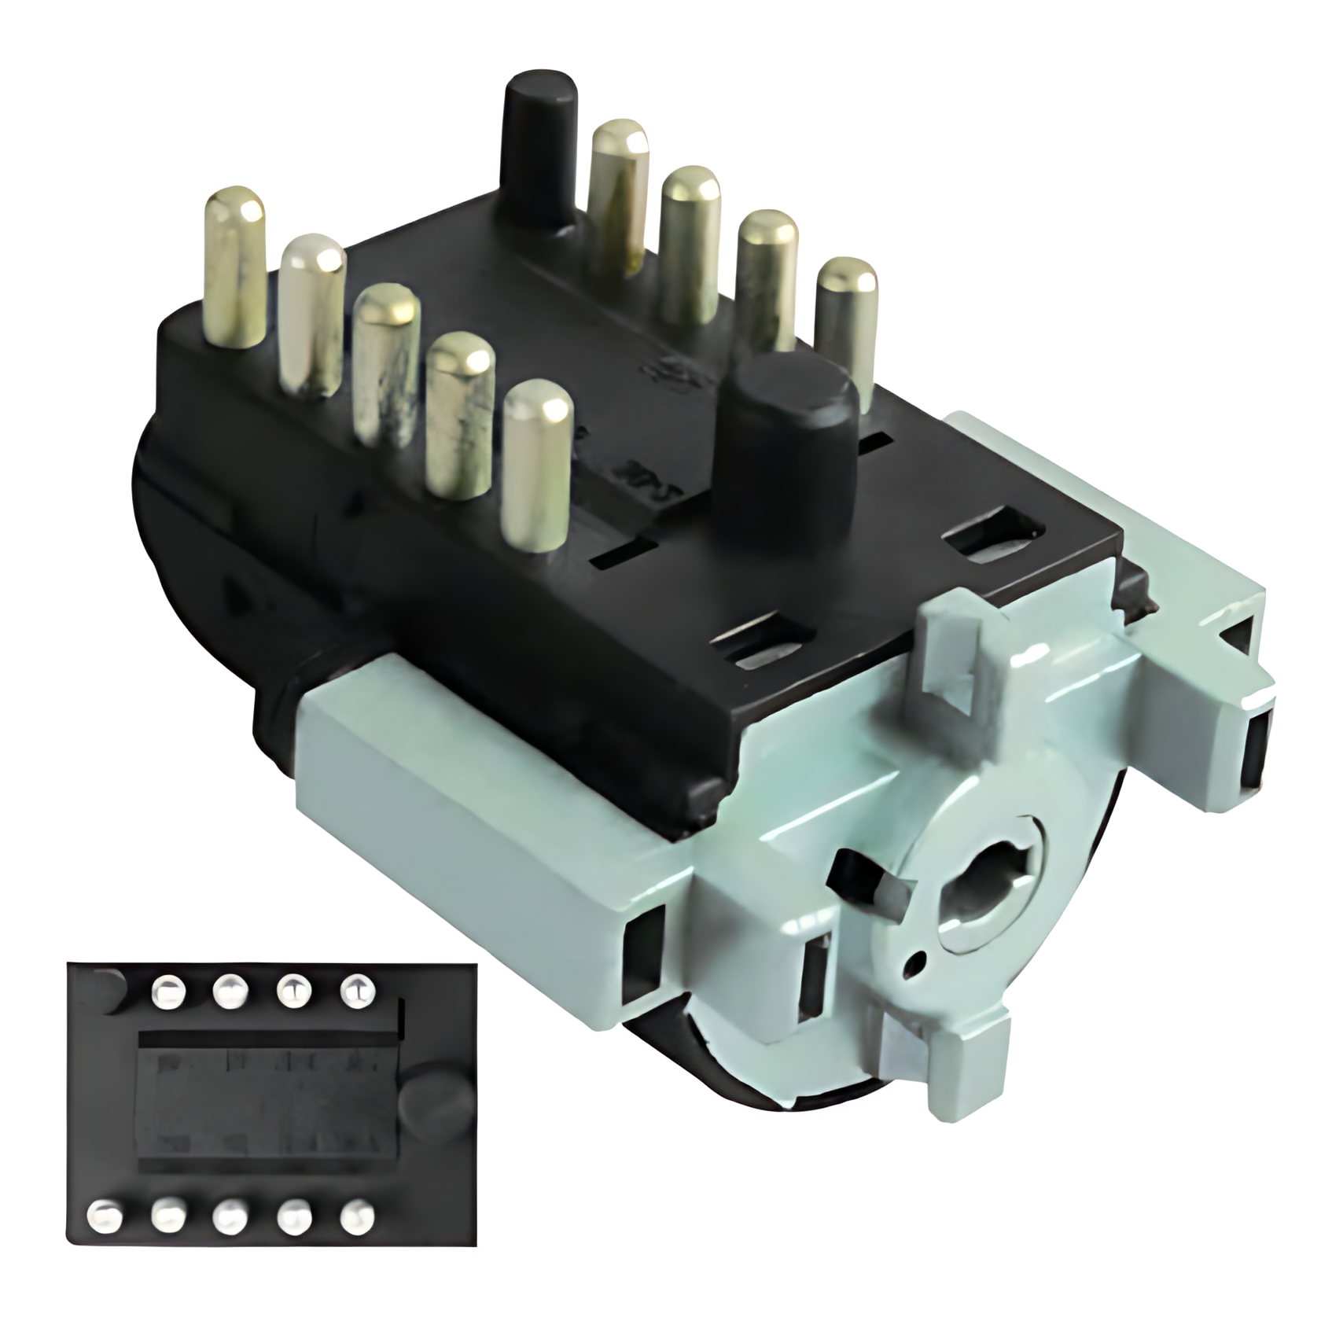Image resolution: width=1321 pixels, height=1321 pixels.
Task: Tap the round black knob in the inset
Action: tap(433, 1102)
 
